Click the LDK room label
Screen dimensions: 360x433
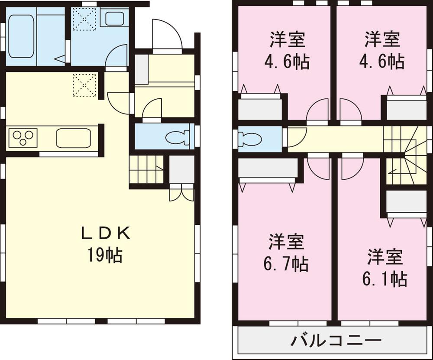[x=106, y=234]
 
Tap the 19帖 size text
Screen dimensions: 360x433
[x=105, y=256]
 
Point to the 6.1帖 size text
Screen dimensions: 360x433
[x=385, y=279]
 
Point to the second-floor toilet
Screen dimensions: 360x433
[x=251, y=139]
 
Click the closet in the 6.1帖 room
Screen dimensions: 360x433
[x=406, y=201]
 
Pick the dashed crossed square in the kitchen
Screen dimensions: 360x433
[x=84, y=84]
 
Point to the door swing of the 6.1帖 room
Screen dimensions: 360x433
[x=351, y=168]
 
